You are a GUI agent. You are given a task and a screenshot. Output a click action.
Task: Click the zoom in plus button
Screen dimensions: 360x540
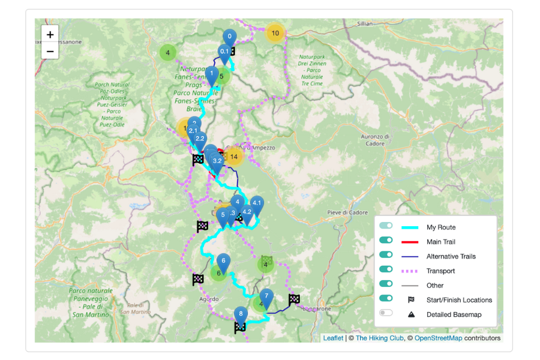point(50,35)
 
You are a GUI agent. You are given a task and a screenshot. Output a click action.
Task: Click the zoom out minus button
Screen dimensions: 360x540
point(50,51)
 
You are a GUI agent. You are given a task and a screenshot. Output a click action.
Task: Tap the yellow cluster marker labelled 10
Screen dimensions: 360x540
point(275,33)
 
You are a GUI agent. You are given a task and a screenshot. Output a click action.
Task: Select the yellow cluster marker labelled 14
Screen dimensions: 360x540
point(233,157)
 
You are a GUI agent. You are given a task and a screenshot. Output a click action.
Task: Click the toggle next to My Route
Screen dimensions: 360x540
point(386,227)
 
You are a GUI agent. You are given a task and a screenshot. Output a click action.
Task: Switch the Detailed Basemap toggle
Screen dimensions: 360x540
point(386,314)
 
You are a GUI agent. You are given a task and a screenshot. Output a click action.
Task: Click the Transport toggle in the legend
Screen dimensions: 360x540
point(386,271)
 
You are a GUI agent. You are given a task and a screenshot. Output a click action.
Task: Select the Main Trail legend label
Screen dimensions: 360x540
point(441,242)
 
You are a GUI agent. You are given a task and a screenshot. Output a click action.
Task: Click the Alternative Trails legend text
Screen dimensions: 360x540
point(451,256)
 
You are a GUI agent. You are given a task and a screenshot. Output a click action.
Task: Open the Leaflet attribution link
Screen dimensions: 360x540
point(333,338)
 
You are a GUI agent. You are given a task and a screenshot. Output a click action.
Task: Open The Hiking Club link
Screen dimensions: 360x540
point(378,338)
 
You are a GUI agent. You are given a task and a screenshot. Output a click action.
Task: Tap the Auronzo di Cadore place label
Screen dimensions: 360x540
point(375,140)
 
